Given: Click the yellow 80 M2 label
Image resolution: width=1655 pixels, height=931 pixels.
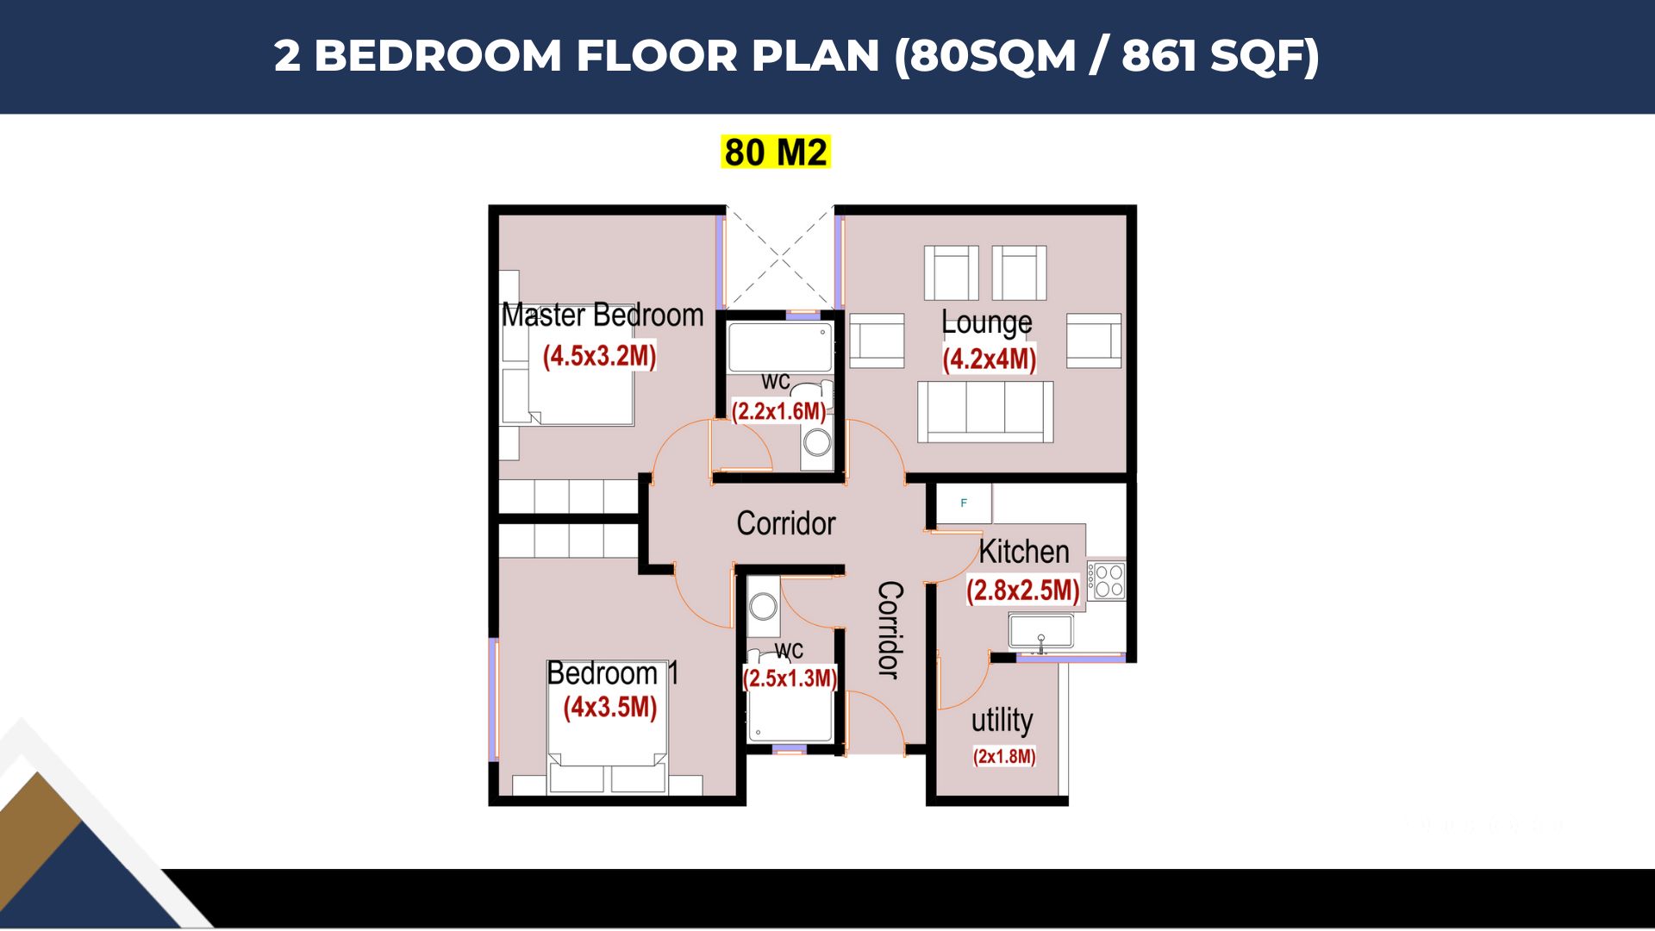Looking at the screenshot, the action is (x=776, y=152).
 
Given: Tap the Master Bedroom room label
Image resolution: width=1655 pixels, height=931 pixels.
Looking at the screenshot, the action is (x=603, y=315).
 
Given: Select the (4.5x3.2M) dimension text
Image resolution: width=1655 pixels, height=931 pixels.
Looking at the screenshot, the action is (x=599, y=355).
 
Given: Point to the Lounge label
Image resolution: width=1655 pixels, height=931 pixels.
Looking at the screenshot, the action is (x=986, y=323).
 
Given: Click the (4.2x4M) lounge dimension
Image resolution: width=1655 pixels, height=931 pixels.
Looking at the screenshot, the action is (x=990, y=359).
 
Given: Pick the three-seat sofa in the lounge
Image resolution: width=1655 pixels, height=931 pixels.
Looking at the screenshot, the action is (x=985, y=412).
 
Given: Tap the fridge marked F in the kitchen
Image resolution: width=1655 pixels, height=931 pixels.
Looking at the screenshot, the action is (x=964, y=503).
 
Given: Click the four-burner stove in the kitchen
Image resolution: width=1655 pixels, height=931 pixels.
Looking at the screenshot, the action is (x=1107, y=580).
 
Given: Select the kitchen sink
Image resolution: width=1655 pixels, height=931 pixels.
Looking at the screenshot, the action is (x=1041, y=631).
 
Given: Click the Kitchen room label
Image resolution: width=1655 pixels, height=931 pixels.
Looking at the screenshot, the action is (x=1024, y=552).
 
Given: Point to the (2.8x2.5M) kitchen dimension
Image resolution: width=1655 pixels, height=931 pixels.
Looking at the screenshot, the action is (x=1023, y=590).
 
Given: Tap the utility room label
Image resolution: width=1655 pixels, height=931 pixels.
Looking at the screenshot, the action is (x=1002, y=720).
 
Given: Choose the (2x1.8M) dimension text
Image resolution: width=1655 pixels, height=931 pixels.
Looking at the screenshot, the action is (x=1004, y=757).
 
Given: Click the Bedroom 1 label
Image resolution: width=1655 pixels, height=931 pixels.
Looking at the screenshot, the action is (x=613, y=672).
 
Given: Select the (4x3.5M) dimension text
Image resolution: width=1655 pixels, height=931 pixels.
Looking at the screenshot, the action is (x=610, y=707).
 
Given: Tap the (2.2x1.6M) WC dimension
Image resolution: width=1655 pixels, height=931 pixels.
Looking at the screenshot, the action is (x=778, y=411).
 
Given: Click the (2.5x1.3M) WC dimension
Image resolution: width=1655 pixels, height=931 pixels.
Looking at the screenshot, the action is (x=790, y=678).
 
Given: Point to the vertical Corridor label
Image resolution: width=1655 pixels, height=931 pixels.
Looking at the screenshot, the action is (x=890, y=630).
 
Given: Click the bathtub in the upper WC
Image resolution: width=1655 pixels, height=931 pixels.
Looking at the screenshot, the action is (x=781, y=347).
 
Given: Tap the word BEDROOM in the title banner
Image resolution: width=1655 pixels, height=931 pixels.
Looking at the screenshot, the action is (x=438, y=56).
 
